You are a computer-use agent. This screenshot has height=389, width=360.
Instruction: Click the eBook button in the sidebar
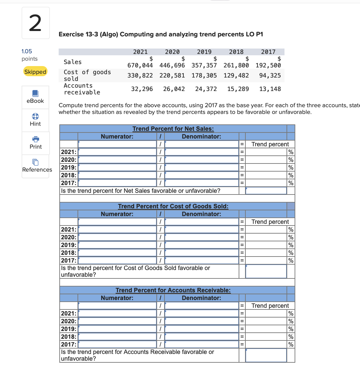(x=35, y=97)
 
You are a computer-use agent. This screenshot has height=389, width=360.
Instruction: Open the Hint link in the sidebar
(x=35, y=120)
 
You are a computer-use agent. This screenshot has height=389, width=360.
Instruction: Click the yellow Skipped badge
(x=35, y=72)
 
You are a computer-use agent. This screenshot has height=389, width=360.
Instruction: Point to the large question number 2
(x=35, y=23)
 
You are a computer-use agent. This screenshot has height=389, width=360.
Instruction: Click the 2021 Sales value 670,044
(x=140, y=65)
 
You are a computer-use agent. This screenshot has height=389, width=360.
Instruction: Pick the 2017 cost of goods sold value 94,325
(x=270, y=76)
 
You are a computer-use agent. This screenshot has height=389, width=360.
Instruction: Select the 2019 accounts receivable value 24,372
(x=206, y=89)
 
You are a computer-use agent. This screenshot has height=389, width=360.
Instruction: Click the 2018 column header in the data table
(x=236, y=52)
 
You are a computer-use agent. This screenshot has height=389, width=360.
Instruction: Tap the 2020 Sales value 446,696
(x=172, y=65)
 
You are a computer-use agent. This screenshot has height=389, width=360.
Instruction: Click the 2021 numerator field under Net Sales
(x=117, y=152)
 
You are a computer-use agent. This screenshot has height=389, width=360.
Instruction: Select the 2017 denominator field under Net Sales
(x=202, y=183)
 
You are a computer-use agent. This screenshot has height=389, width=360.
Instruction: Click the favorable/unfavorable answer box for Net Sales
(x=266, y=191)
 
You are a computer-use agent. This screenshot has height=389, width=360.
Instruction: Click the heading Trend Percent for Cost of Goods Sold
(x=173, y=206)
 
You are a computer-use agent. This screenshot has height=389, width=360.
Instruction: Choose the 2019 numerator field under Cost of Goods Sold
(x=117, y=245)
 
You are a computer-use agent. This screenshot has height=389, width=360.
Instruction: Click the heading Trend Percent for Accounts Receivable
(x=173, y=290)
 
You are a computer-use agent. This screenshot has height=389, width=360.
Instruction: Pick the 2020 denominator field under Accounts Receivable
(x=202, y=321)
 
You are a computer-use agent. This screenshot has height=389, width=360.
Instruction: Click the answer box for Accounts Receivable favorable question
(x=266, y=355)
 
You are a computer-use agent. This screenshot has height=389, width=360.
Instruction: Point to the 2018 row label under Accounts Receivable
(x=68, y=337)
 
